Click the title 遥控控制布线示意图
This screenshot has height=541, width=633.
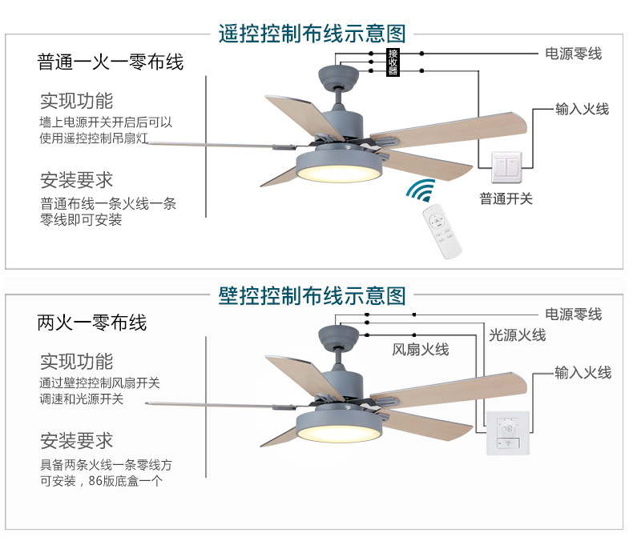click(x=312, y=34)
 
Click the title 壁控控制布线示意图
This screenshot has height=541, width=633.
click(x=312, y=295)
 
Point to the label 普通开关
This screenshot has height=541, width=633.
click(x=506, y=198)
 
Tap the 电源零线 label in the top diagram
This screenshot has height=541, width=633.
click(x=573, y=54)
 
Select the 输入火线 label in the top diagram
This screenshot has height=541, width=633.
click(x=582, y=108)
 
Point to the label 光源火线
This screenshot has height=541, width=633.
click(x=517, y=335)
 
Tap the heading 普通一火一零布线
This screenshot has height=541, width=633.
click(x=111, y=62)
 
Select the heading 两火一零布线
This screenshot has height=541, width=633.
click(x=92, y=323)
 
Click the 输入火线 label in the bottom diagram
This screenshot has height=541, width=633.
click(x=583, y=372)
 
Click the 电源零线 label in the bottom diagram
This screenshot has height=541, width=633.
click(x=573, y=315)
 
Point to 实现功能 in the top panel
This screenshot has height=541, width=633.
click(x=77, y=101)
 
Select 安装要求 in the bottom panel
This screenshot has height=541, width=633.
click(x=77, y=441)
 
